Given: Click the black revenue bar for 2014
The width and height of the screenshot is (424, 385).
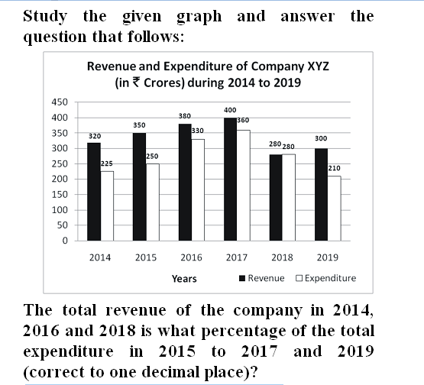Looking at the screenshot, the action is [x=94, y=192].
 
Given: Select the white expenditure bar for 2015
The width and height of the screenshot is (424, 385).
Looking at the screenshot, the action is [x=153, y=202].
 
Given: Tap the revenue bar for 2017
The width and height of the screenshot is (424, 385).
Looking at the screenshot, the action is [x=231, y=180].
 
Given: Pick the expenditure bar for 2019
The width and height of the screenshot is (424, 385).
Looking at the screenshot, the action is [x=334, y=209].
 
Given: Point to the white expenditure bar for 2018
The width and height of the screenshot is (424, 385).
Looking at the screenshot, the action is [x=289, y=197].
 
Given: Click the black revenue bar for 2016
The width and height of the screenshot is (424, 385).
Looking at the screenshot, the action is [x=185, y=183].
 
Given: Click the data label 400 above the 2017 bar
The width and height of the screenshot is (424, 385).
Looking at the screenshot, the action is [x=230, y=110].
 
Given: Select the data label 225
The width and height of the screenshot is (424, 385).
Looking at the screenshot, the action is [x=106, y=163].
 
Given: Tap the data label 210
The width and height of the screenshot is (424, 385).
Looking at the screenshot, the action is [x=334, y=168].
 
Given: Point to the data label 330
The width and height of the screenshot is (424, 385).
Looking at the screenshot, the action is [x=198, y=131].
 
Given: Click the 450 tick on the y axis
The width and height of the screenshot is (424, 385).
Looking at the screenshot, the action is [x=60, y=102].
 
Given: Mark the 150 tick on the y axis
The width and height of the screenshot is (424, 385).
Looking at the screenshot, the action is [x=60, y=194].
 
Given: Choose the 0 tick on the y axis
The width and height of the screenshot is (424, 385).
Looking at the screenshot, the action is [x=65, y=241].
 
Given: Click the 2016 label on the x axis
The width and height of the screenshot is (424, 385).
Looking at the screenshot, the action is [x=192, y=257].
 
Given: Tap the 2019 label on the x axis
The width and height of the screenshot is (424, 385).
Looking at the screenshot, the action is [x=328, y=257].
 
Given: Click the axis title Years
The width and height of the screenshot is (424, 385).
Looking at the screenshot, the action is [x=184, y=279].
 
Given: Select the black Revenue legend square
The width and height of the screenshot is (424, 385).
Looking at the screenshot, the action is [x=242, y=278].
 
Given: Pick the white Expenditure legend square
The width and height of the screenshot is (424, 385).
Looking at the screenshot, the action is [x=299, y=278].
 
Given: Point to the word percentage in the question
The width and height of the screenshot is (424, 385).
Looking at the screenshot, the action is [x=244, y=332].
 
